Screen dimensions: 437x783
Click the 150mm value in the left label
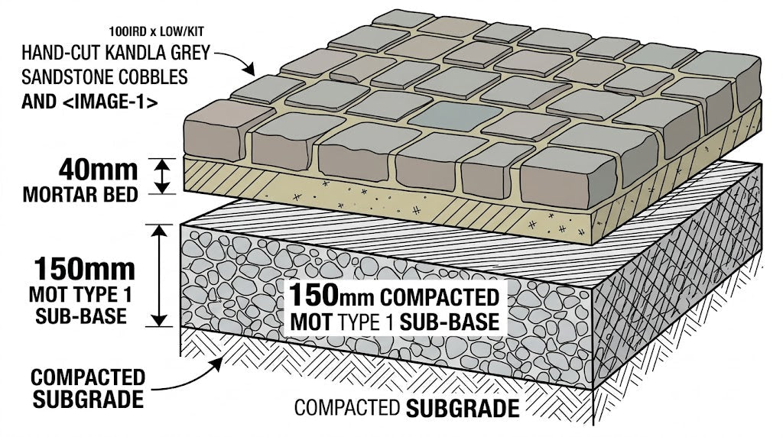pos(84,268)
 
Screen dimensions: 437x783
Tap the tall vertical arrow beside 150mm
pos(160,276)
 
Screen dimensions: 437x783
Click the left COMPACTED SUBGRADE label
pos(88,387)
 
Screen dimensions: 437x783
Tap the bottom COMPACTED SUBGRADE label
pos(406,408)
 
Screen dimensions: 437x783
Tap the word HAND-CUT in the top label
pos(57,56)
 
